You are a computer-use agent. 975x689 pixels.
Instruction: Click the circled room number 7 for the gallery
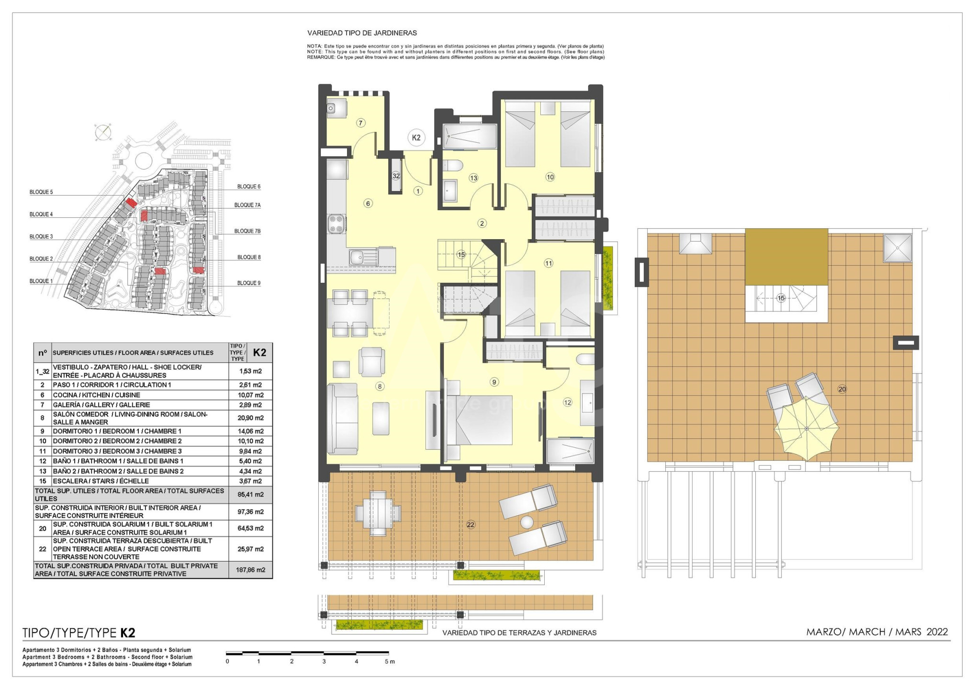361,123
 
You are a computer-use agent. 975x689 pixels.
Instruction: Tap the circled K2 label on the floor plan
416,138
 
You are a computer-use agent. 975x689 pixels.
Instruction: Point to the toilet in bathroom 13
452,166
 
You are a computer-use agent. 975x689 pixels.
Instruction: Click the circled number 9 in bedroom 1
494,382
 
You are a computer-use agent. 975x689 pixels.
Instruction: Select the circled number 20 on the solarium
842,389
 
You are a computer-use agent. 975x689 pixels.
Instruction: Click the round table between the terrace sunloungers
527,522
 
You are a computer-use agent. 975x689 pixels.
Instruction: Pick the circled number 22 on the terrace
471,525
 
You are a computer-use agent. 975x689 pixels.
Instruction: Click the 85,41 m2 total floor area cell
250,495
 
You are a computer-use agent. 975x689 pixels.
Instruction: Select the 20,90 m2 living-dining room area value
250,418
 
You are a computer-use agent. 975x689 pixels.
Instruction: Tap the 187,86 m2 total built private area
250,570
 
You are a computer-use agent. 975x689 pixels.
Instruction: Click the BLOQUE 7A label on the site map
247,205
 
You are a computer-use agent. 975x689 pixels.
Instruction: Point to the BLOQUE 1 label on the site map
41,281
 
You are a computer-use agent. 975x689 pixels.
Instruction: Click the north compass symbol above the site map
103,133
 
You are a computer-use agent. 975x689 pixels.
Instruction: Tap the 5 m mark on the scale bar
390,661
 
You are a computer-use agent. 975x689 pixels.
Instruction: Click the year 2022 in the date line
937,632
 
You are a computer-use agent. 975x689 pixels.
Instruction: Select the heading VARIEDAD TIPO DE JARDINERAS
362,33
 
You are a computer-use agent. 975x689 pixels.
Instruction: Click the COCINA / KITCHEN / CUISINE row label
96,395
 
